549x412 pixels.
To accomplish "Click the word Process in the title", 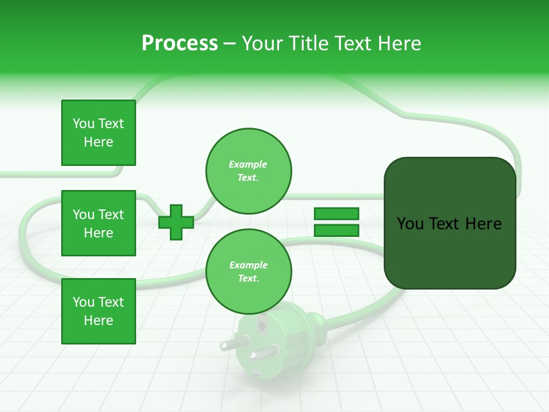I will coord(180,43).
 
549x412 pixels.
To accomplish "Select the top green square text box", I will coord(98,133).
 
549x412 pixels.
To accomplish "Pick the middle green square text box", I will coord(98,223).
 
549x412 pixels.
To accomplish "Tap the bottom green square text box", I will coord(98,311).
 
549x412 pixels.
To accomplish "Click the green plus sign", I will coord(176,222).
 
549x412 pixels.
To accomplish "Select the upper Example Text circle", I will coord(248,171).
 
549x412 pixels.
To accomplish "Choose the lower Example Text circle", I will coord(248,272).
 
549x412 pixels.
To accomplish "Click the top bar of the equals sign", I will coord(336,213).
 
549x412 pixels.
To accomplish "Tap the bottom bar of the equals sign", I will coord(336,231).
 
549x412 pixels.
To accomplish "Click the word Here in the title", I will coord(399,43).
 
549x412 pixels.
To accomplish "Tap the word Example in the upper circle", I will coord(248,165).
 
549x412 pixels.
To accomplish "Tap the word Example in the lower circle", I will coord(248,266).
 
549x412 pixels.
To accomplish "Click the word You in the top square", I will coord(83,124).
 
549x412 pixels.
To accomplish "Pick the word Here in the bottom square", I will coord(98,320).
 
